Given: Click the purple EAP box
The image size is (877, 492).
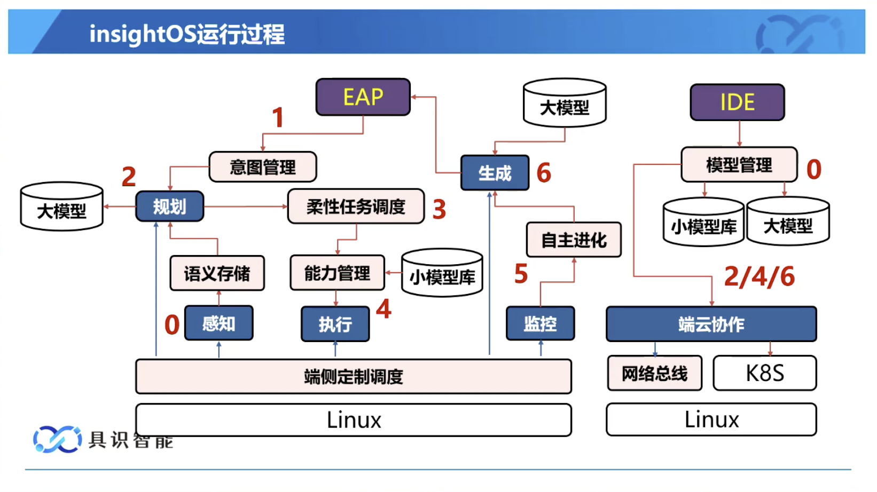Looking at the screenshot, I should tap(363, 97).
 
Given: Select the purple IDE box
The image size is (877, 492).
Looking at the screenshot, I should tap(737, 102).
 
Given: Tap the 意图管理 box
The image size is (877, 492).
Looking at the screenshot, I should tap(263, 167).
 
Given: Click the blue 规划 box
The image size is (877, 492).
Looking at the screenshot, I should tap(170, 207).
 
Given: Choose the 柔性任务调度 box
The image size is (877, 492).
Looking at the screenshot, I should tap(356, 207).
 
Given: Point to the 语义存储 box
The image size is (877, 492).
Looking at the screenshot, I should tap(217, 273).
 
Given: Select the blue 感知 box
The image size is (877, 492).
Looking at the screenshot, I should tap(218, 323).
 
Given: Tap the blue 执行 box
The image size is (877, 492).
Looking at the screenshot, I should tap(335, 324).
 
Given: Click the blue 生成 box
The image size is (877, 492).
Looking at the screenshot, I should tap(495, 173).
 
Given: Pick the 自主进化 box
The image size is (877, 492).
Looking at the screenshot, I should tap(574, 240).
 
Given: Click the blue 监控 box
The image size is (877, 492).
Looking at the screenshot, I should tap(540, 323).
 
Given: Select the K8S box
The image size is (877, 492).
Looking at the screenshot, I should tap(765, 373).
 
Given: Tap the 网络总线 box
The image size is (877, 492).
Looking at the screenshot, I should tap(654, 373).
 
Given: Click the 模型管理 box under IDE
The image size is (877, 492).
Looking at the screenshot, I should tap(739, 165).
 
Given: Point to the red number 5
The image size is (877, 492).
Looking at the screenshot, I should tap(521, 274).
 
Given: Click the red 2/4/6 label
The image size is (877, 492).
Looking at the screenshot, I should tap(759, 276).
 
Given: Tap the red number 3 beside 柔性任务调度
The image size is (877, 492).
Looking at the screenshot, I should tap(439, 209).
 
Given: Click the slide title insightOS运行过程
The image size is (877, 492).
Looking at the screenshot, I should tap(187, 34).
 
